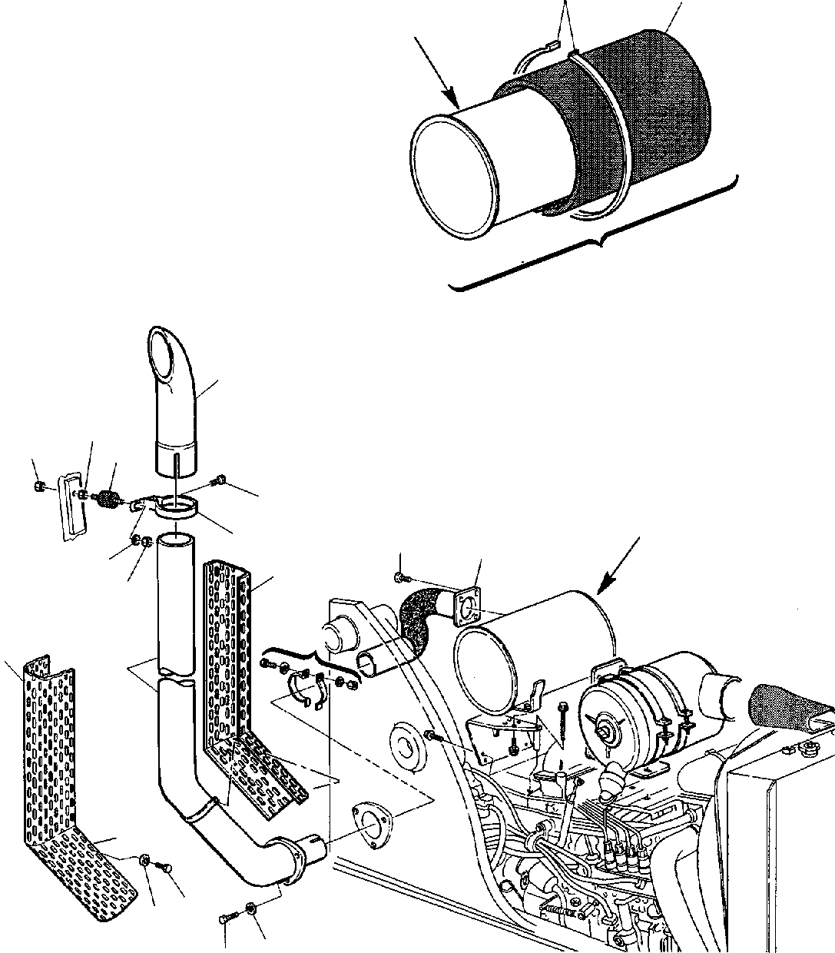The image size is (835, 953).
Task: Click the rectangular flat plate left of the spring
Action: click(x=71, y=507)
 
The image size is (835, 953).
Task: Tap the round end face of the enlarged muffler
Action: click(x=452, y=174)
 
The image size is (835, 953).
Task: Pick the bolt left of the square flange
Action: click(x=401, y=576)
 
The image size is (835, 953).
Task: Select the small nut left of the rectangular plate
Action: click(x=39, y=486)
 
